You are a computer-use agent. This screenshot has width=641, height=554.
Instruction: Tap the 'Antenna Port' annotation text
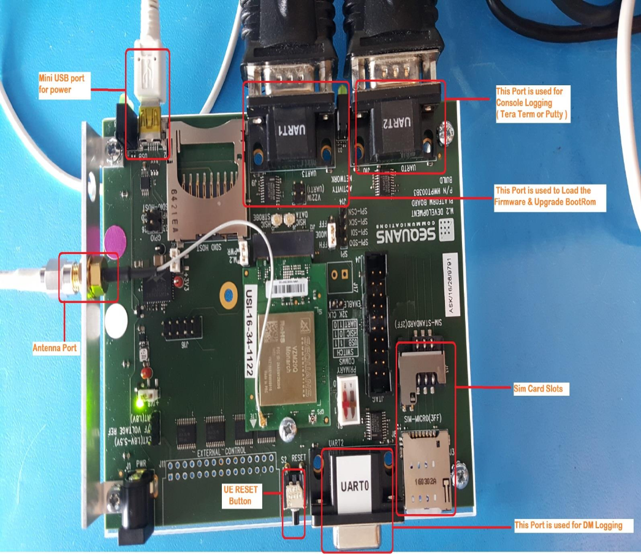tap(55, 348)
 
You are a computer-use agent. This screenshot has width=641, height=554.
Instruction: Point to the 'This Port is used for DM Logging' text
tap(567, 525)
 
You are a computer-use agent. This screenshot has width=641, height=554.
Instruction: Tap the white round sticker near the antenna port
tap(115, 318)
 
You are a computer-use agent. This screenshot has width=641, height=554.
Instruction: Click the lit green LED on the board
tap(140, 404)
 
